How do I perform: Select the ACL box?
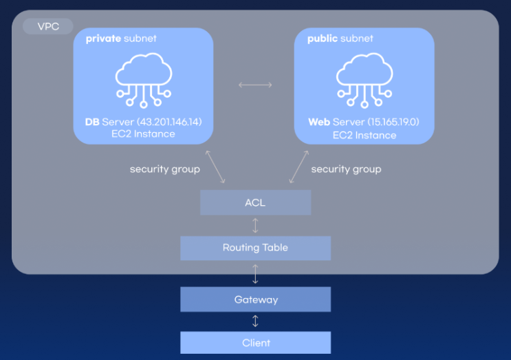[x=255, y=202]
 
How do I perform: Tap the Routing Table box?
[x=255, y=248]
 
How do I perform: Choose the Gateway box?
[x=255, y=299]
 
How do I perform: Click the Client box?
[x=255, y=342]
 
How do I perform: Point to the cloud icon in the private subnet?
[x=143, y=78]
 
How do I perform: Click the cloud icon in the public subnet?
[x=364, y=78]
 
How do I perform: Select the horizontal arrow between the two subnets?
[x=255, y=85]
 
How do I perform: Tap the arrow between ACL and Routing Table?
[x=255, y=225]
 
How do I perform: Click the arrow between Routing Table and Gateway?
[x=255, y=273]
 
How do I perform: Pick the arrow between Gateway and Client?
[x=255, y=321]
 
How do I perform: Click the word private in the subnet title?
[x=103, y=39]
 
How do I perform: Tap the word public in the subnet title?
[x=323, y=39]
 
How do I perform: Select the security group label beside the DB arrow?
[x=164, y=169]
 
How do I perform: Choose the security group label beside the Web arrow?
[x=346, y=169]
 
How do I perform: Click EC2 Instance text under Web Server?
[x=364, y=135]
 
